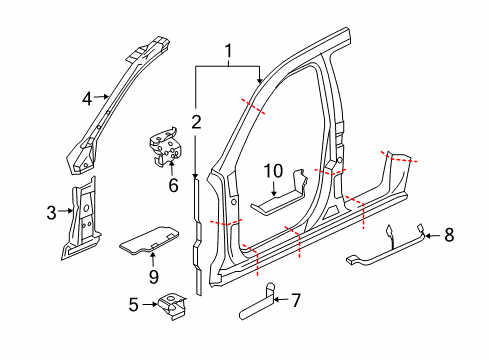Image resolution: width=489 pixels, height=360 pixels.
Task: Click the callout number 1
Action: (228, 51)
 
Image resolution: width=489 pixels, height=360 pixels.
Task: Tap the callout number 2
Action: (196, 122)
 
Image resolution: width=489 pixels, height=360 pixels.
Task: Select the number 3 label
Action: (51, 213)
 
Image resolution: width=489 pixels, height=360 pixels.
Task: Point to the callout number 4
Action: (87, 99)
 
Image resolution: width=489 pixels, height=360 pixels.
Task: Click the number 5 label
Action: (134, 305)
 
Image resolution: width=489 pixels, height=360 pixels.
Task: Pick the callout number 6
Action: (173, 185)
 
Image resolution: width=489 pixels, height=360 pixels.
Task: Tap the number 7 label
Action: (296, 300)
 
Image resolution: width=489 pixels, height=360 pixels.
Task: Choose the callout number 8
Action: (449, 235)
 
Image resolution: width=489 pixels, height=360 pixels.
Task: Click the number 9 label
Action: (154, 276)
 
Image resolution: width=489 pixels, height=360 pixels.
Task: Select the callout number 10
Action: (273, 171)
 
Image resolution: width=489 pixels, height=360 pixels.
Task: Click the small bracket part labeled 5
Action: (172, 306)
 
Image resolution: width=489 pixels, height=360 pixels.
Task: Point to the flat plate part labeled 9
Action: (149, 239)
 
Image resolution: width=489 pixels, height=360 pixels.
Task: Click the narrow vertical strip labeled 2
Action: (198, 237)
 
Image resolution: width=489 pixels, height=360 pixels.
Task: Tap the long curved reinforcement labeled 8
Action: (386, 247)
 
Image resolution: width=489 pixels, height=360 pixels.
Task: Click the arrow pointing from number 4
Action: (101, 97)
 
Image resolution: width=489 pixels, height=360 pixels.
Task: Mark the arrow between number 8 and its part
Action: (433, 236)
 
